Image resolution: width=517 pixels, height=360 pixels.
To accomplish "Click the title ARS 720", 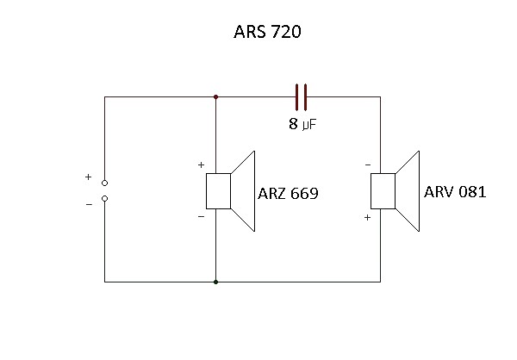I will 267,34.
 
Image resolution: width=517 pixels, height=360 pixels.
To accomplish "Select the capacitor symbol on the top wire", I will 301,96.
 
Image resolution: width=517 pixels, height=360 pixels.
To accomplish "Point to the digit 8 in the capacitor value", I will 293,124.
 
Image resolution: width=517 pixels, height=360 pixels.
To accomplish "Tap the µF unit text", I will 310,125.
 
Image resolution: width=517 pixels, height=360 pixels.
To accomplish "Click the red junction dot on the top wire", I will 215,96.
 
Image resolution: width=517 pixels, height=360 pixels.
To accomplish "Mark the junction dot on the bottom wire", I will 215,282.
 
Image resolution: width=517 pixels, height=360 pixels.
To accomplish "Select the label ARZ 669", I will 288,194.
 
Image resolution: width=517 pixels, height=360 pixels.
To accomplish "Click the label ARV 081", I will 455,191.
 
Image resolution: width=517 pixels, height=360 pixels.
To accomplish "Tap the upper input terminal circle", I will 104,183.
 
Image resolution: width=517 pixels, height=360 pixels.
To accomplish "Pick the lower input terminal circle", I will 104,198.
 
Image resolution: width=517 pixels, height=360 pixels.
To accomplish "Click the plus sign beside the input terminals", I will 88,177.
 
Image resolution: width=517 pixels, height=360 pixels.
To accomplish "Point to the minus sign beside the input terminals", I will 88,204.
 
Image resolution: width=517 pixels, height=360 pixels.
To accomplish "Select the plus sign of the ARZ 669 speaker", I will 201,164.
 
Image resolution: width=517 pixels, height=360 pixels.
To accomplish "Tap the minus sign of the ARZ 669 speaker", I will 201,217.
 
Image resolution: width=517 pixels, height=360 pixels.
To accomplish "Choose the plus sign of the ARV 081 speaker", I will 368,218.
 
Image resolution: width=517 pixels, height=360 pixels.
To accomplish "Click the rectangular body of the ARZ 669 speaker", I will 217,191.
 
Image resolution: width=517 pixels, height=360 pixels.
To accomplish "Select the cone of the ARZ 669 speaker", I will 245,191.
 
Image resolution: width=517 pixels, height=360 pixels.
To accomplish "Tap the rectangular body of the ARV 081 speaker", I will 383,191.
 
